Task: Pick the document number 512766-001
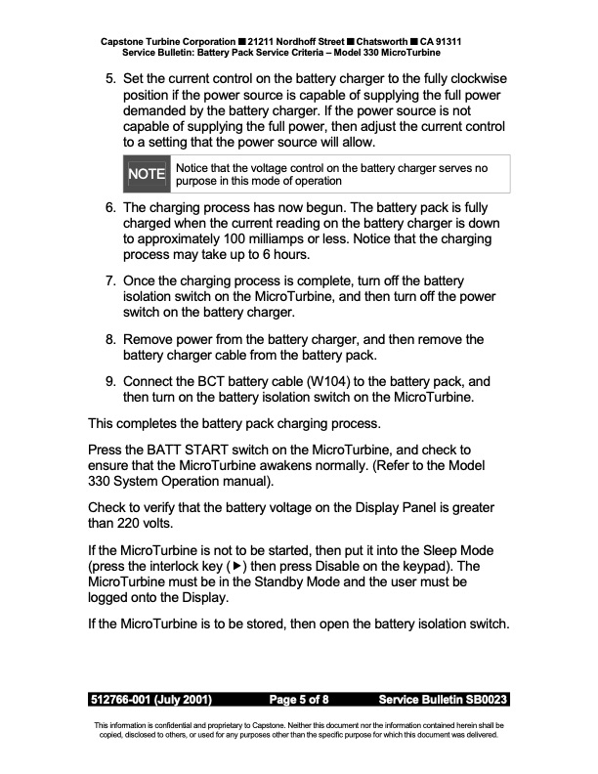click(x=124, y=700)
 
